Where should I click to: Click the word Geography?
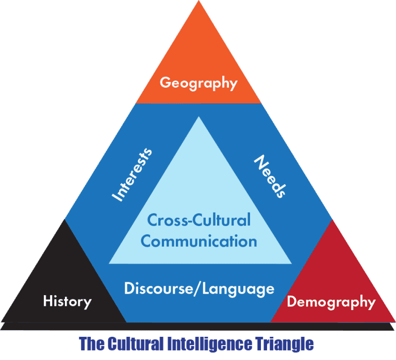tap(199, 83)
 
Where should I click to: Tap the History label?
tap(67, 301)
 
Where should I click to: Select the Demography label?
tap(332, 302)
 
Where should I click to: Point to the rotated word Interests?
tap(132, 175)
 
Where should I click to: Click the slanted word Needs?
tap(270, 176)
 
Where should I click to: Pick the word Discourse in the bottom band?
tap(158, 288)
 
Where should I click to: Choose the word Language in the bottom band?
tap(238, 289)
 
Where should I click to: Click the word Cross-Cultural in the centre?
tap(199, 220)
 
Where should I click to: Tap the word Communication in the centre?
tap(199, 241)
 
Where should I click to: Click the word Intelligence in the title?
tap(209, 344)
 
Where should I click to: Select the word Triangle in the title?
tap(284, 344)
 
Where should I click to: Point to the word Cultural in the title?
tap(136, 344)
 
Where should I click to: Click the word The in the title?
tap(92, 344)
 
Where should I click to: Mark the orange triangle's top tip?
tap(199, 1)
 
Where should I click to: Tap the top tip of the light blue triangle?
tap(199, 116)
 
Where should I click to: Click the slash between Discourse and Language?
tap(197, 288)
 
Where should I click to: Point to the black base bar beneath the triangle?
tap(197, 327)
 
